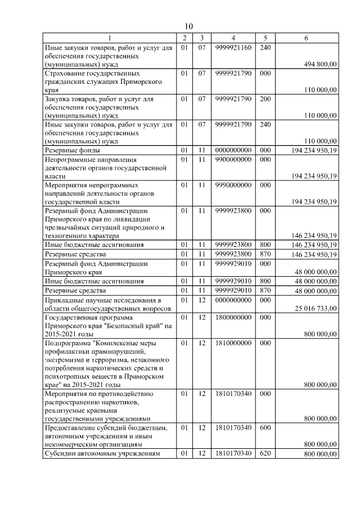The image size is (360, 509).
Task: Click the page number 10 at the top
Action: [x=188, y=26]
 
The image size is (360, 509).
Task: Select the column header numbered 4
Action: [x=233, y=38]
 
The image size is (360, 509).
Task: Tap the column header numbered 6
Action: [x=305, y=38]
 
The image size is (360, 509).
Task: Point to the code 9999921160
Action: [x=233, y=48]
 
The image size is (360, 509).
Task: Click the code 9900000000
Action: [x=233, y=160]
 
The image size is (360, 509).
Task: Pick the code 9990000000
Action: [x=233, y=184]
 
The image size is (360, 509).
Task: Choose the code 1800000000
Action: [x=233, y=317]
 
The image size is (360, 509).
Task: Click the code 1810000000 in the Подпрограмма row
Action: [x=233, y=343]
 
